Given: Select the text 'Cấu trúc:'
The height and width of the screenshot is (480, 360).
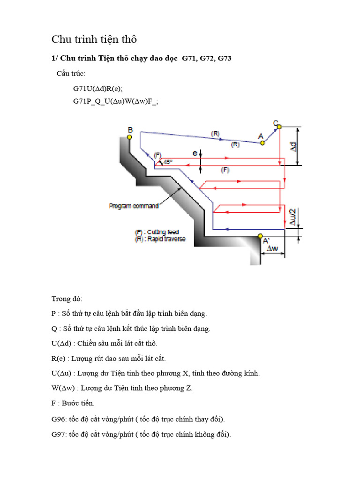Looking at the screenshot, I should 71,74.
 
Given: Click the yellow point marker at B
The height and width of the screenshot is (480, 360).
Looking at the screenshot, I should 130,137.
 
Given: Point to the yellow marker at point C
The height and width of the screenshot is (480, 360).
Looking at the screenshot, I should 279,127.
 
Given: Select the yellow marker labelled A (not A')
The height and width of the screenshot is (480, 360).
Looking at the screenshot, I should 262,143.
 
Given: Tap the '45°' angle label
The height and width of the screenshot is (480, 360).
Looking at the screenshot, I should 168,162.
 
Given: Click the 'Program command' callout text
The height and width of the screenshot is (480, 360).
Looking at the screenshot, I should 134,206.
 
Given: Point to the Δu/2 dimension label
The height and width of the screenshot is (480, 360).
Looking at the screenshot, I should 293,217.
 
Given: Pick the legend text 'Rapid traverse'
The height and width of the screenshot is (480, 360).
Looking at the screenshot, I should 166,239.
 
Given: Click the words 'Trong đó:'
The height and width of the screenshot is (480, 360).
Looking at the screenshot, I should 67,299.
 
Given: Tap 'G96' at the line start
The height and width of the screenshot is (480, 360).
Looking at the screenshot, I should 58,419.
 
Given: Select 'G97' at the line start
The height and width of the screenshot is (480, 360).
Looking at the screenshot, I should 58,434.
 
